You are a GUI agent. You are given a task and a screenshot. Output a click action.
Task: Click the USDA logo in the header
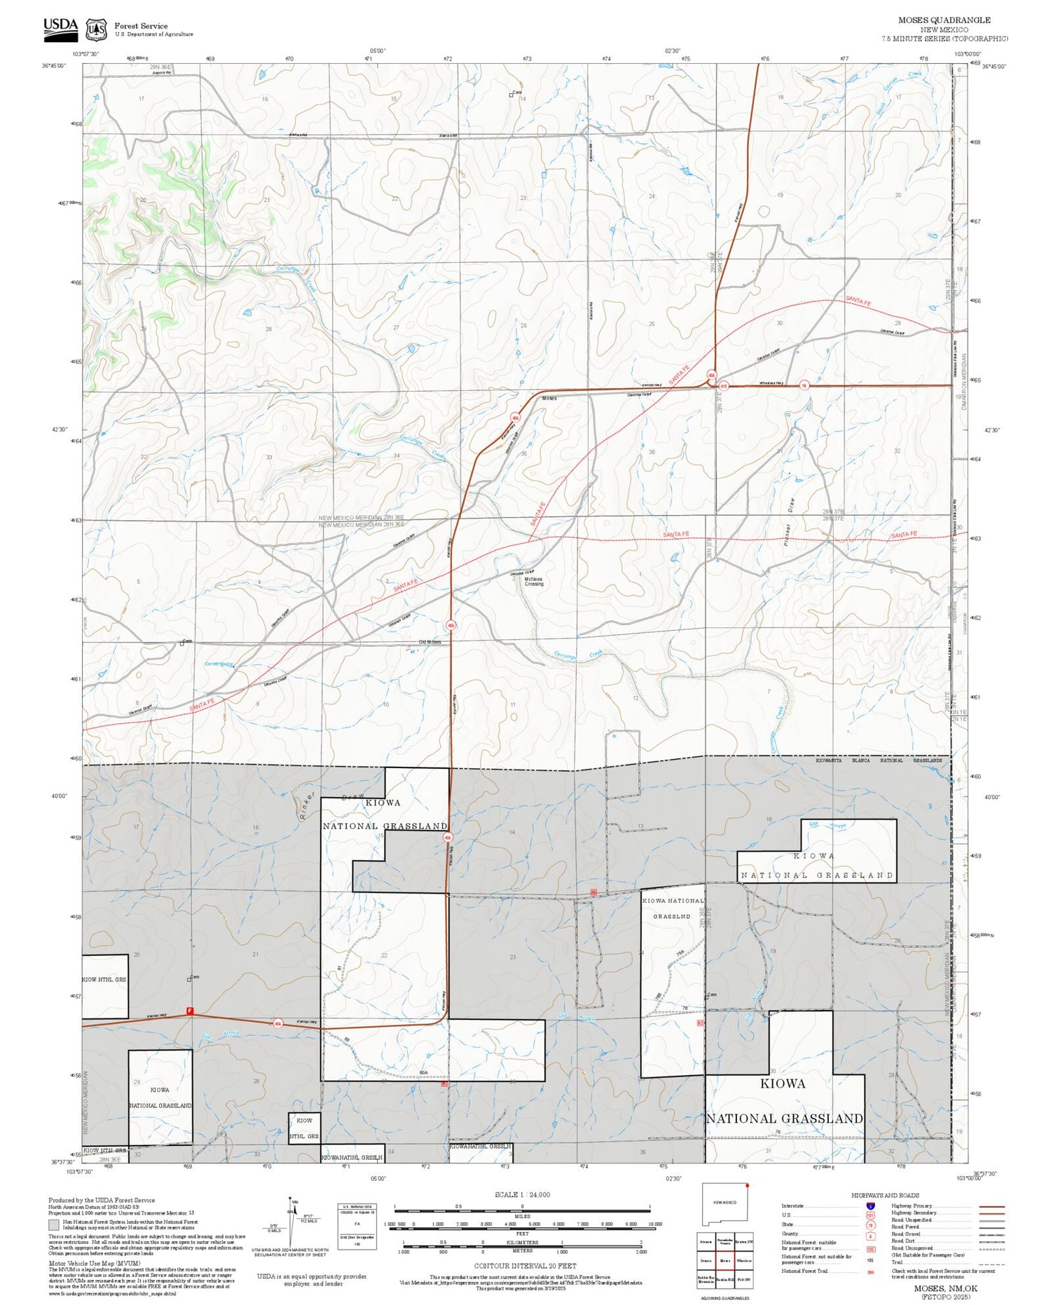60,27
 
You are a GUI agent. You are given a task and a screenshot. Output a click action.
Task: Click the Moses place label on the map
549,398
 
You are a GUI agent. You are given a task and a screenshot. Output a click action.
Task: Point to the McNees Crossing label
533,581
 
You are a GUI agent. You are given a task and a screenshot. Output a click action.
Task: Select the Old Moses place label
430,642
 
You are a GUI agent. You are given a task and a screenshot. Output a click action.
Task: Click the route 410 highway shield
724,385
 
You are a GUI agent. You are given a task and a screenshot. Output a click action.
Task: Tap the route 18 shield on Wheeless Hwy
804,385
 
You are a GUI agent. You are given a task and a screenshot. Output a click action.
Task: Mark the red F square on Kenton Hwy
189,1011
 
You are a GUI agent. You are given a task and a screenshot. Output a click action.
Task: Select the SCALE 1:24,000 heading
522,1194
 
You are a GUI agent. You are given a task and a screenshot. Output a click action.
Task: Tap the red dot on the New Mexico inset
748,1186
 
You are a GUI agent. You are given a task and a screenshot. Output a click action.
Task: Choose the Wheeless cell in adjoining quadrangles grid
744,1260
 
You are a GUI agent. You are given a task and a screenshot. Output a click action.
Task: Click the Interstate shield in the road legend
870,1205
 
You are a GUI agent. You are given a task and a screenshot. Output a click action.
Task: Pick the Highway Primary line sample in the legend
988,1206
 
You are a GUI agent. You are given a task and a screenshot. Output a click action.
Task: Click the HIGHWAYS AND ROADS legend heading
885,1195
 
